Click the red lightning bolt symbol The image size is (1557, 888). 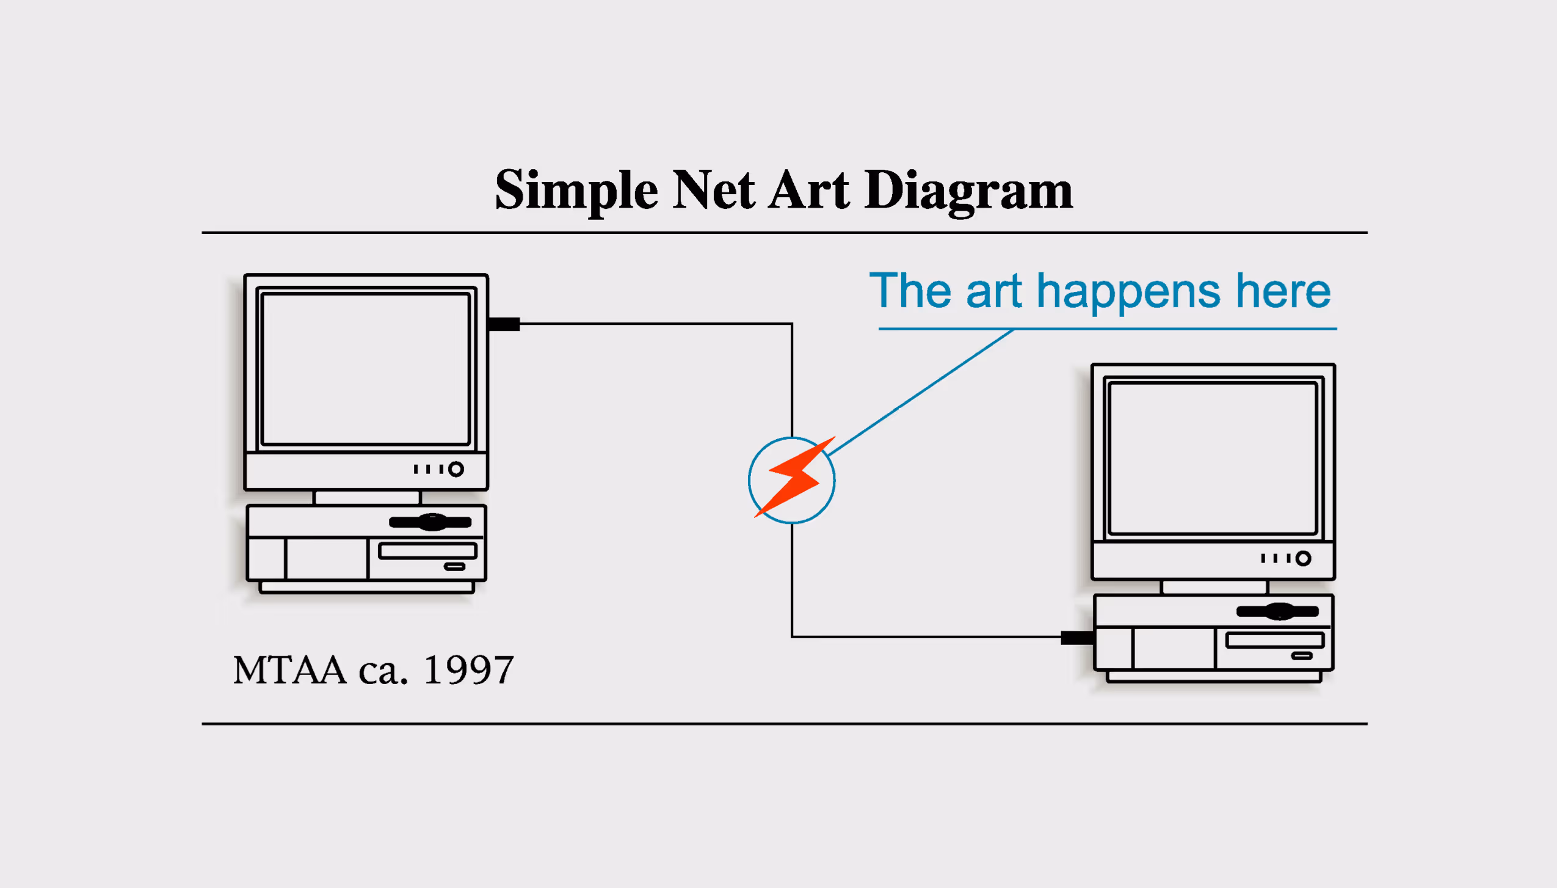point(794,477)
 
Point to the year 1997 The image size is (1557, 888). point(468,670)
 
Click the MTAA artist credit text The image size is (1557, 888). point(290,670)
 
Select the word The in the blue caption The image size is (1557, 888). point(910,290)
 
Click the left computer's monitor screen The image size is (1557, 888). point(365,369)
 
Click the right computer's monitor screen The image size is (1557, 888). point(1213,458)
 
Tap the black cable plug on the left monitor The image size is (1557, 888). point(504,324)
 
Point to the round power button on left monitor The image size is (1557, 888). point(455,469)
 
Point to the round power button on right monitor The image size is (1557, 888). point(1303,558)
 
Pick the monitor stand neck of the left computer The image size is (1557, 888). point(367,497)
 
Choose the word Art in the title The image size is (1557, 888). point(809,190)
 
